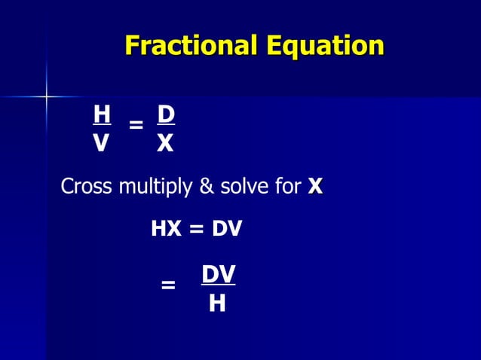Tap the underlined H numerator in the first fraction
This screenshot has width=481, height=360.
pyautogui.click(x=102, y=114)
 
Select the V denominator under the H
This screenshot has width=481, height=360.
pyautogui.click(x=101, y=143)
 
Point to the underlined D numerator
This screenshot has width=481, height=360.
pyautogui.click(x=166, y=114)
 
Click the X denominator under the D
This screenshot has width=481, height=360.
pyautogui.click(x=165, y=143)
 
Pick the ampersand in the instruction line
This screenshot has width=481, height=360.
pyautogui.click(x=207, y=187)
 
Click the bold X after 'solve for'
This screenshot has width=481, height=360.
pyautogui.click(x=315, y=186)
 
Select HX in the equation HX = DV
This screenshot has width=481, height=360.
pyautogui.click(x=167, y=229)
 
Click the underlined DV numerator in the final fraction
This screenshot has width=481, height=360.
pyautogui.click(x=218, y=275)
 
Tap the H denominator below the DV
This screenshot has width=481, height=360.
pyautogui.click(x=218, y=303)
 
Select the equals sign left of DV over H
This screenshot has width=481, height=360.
pyautogui.click(x=169, y=285)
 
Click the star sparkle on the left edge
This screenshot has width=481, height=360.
pyautogui.click(x=46, y=96)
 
